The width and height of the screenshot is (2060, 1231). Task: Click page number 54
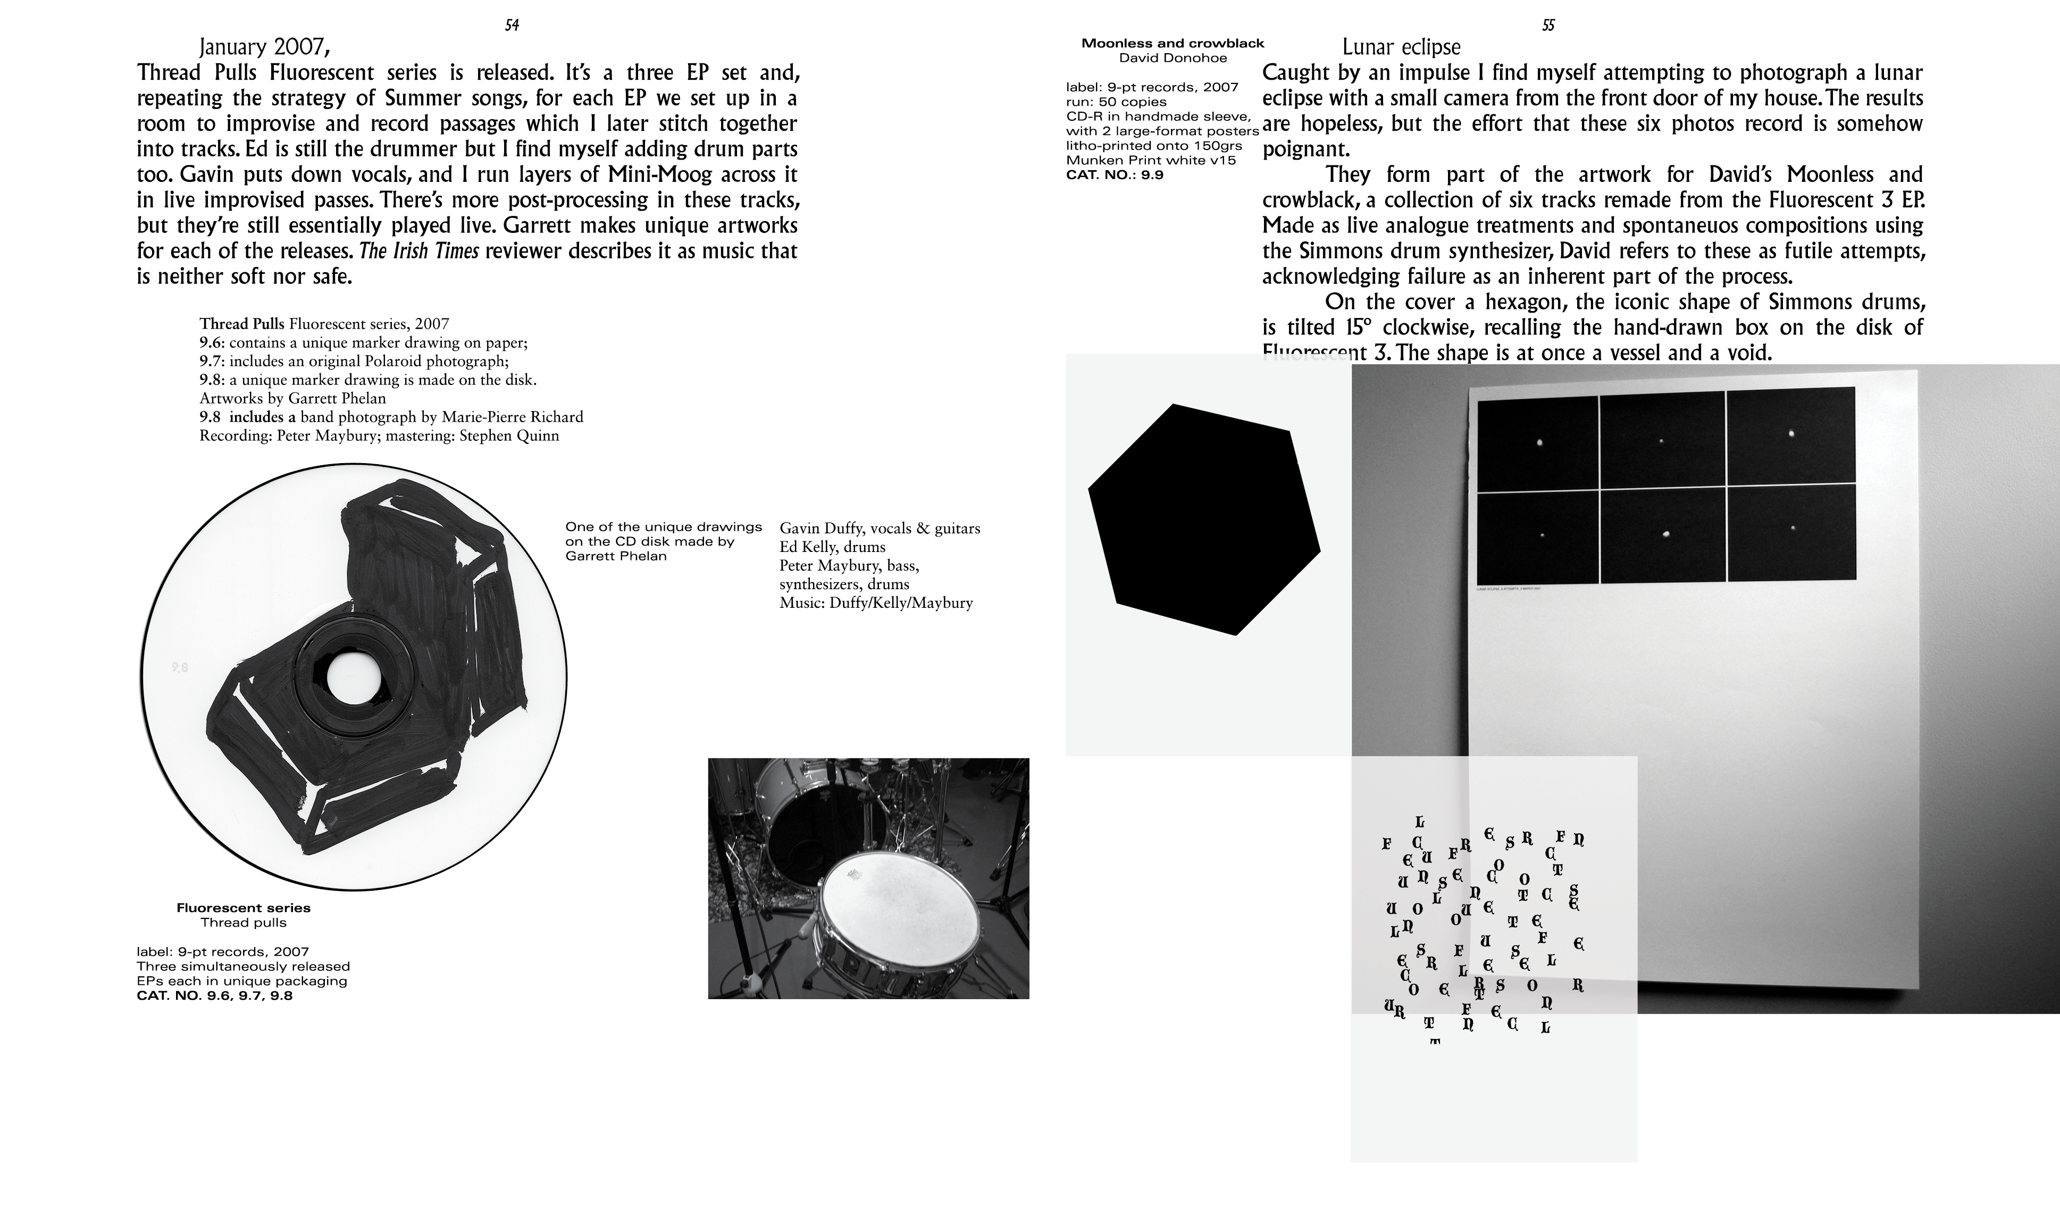pos(512,26)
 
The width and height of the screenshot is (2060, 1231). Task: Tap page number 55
pos(1547,26)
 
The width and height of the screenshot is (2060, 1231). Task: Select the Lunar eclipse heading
pos(1401,47)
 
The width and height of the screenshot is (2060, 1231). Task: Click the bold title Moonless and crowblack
pos(1172,43)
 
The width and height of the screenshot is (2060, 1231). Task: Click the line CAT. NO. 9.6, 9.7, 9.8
pos(215,995)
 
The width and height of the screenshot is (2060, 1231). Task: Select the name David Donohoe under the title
pos(1173,58)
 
